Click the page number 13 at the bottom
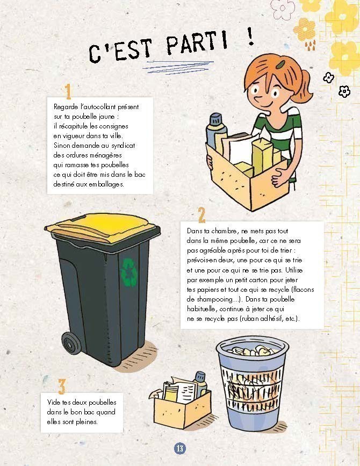click(x=180, y=448)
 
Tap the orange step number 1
click(x=68, y=91)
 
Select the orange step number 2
click(x=201, y=214)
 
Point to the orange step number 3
click(x=61, y=386)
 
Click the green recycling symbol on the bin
click(x=129, y=272)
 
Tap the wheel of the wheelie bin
click(x=71, y=343)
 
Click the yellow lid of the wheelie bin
click(x=101, y=227)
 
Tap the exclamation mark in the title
click(x=250, y=36)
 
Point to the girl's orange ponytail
click(x=303, y=86)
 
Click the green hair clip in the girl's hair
click(x=280, y=64)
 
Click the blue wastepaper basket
click(x=252, y=383)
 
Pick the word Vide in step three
click(x=54, y=402)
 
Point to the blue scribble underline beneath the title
click(x=178, y=68)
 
